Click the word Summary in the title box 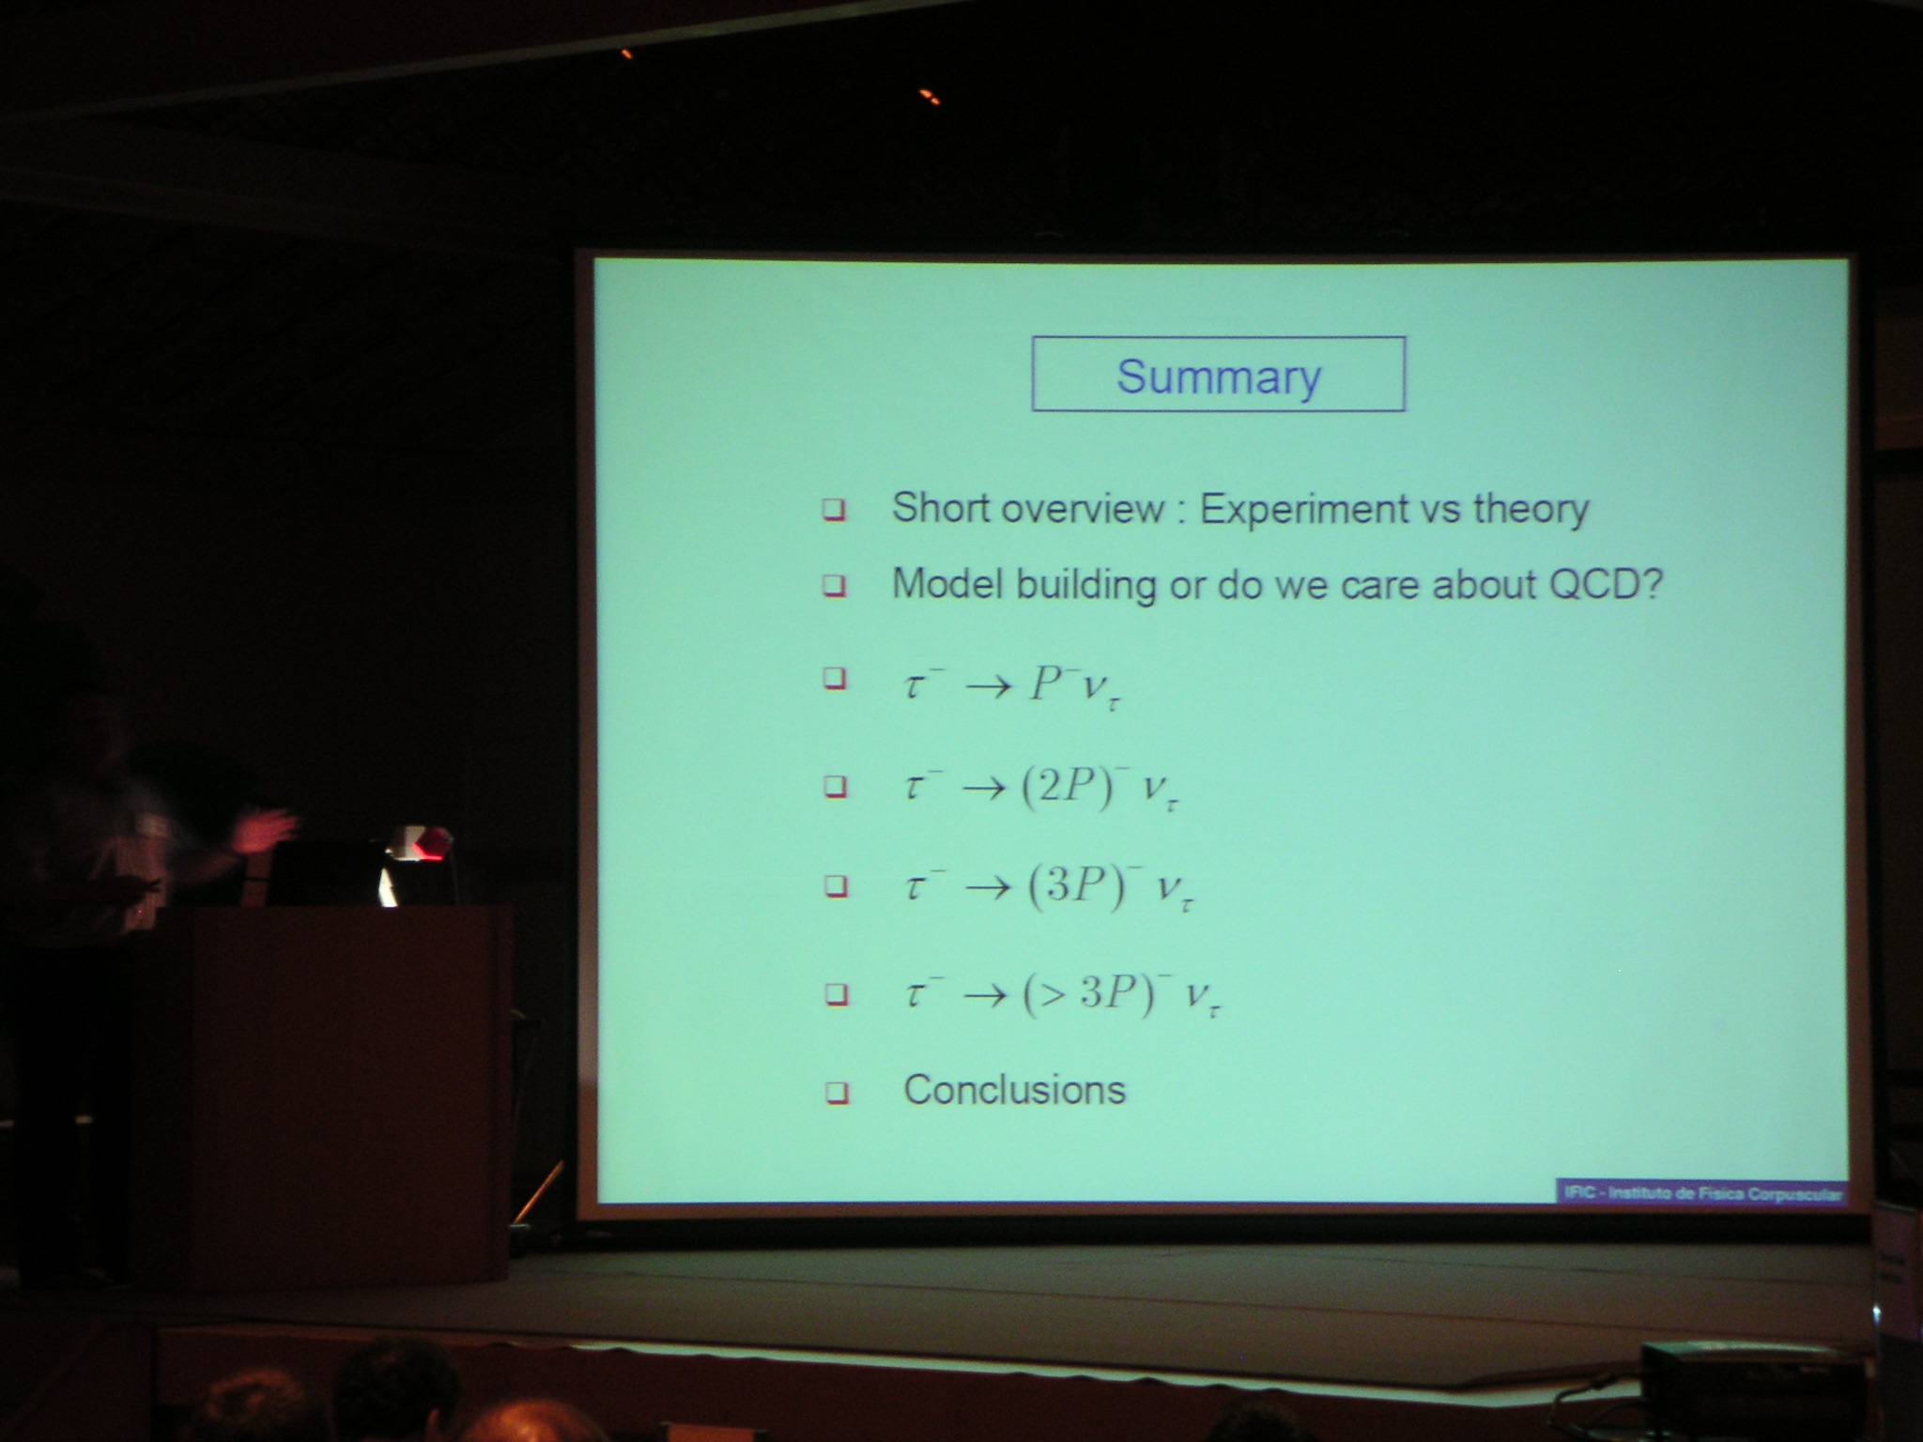tap(1219, 376)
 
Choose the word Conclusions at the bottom tap(1014, 1090)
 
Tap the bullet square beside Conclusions tap(836, 1093)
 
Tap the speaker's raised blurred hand tap(267, 832)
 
